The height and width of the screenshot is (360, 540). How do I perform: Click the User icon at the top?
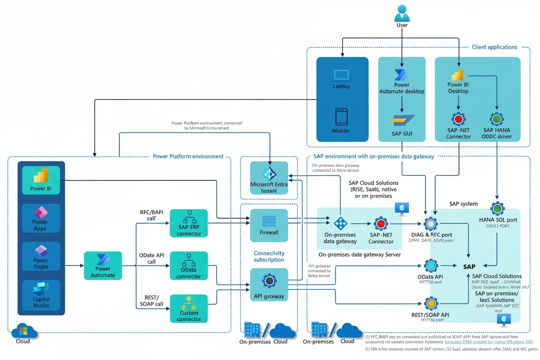coord(402,13)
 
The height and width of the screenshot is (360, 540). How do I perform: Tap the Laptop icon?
coord(341,76)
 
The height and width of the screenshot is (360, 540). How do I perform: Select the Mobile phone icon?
coord(341,117)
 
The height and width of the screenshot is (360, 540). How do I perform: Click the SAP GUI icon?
coord(402,120)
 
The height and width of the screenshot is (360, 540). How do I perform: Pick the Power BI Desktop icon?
coord(458,74)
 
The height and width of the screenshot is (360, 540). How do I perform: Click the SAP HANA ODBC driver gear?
coord(497,119)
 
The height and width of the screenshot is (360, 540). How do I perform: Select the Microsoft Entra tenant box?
coord(269,178)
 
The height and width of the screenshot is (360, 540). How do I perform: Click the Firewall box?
coord(269,225)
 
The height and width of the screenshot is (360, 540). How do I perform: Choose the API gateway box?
coord(269,284)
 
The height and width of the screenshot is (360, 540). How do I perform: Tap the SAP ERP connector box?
coord(189,223)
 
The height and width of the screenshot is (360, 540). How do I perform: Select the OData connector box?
coord(189,266)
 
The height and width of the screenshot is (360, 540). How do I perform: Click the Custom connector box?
coord(189,309)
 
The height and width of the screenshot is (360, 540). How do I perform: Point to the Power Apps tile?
coord(41,218)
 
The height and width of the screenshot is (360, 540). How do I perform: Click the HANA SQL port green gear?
coord(498,209)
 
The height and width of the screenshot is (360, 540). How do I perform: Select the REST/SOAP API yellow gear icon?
coord(431,303)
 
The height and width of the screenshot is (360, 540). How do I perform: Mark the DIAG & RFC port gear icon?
coord(431,224)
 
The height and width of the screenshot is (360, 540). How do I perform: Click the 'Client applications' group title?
coord(494,47)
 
